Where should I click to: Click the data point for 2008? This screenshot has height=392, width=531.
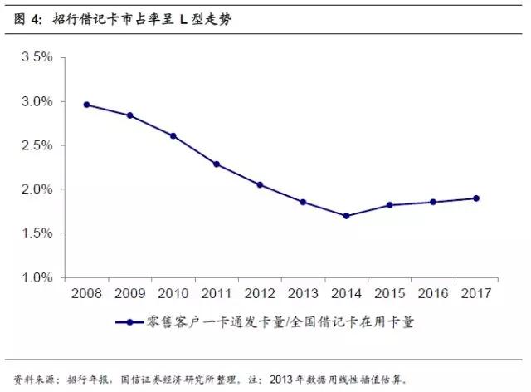pyautogui.click(x=86, y=105)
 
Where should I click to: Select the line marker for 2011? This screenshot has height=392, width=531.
pyautogui.click(x=216, y=164)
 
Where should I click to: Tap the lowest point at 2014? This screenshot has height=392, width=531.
pyautogui.click(x=346, y=216)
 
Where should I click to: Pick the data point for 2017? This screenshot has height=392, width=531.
pyautogui.click(x=475, y=198)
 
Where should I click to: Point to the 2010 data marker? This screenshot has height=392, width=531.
pyautogui.click(x=173, y=135)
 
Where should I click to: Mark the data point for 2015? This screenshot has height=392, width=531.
pyautogui.click(x=389, y=204)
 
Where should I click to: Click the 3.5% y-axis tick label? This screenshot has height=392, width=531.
pyautogui.click(x=37, y=57)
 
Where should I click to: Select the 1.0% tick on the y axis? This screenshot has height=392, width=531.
pyautogui.click(x=37, y=277)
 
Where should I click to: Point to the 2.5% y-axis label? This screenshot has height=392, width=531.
pyautogui.click(x=37, y=145)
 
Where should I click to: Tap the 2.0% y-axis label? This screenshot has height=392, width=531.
pyautogui.click(x=37, y=189)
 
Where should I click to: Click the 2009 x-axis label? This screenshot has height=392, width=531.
pyautogui.click(x=129, y=293)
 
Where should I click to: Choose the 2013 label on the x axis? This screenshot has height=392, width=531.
pyautogui.click(x=302, y=293)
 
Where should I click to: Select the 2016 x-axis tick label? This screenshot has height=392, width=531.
pyautogui.click(x=432, y=293)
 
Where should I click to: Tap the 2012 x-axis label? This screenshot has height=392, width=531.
pyautogui.click(x=259, y=293)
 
